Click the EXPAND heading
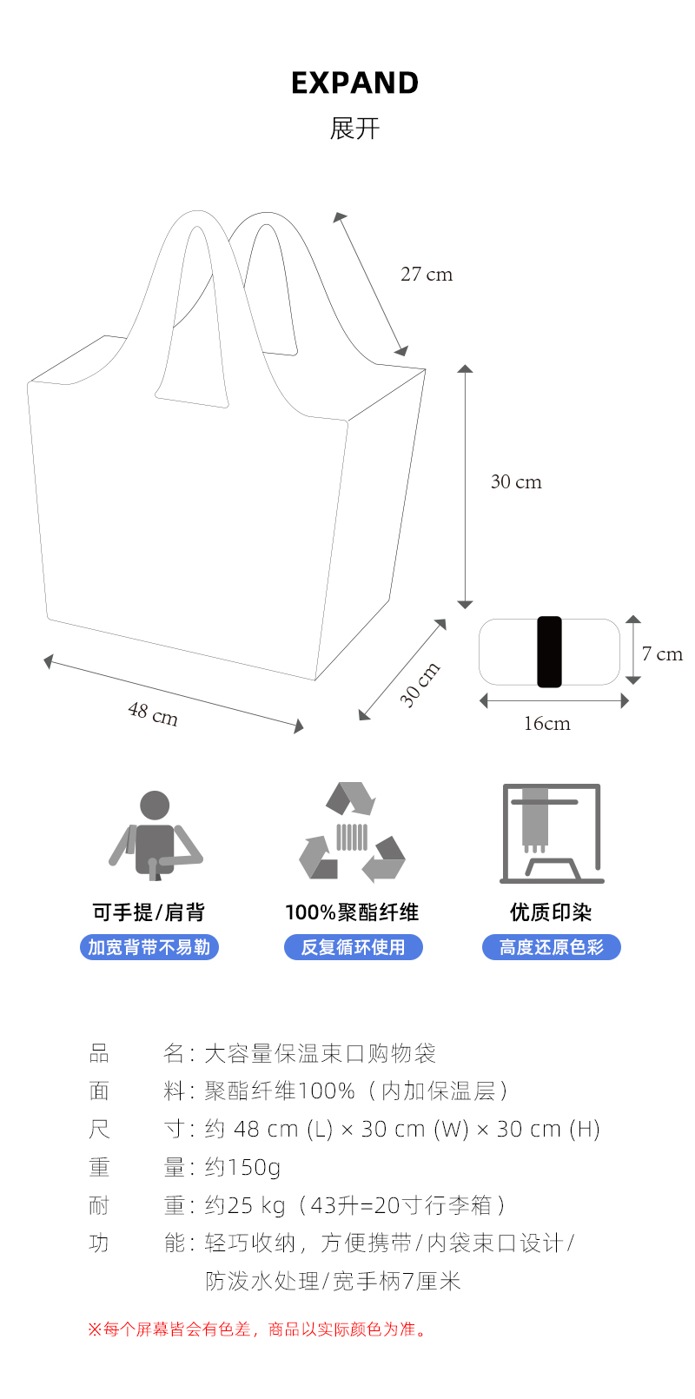354,83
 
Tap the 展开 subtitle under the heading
354,129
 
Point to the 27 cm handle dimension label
427,275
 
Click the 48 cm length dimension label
153,714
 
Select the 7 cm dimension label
662,654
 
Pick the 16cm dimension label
546,724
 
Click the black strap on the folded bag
549,652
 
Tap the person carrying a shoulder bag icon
155,834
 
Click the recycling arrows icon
352,832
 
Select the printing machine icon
551,833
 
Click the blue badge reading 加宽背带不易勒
149,947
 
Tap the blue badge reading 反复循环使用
353,947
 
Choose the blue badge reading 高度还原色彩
551,947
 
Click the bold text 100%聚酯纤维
352,912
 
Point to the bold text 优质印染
551,912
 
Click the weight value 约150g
242,1167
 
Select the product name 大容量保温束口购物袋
320,1054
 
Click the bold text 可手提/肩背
149,912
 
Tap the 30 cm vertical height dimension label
516,482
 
